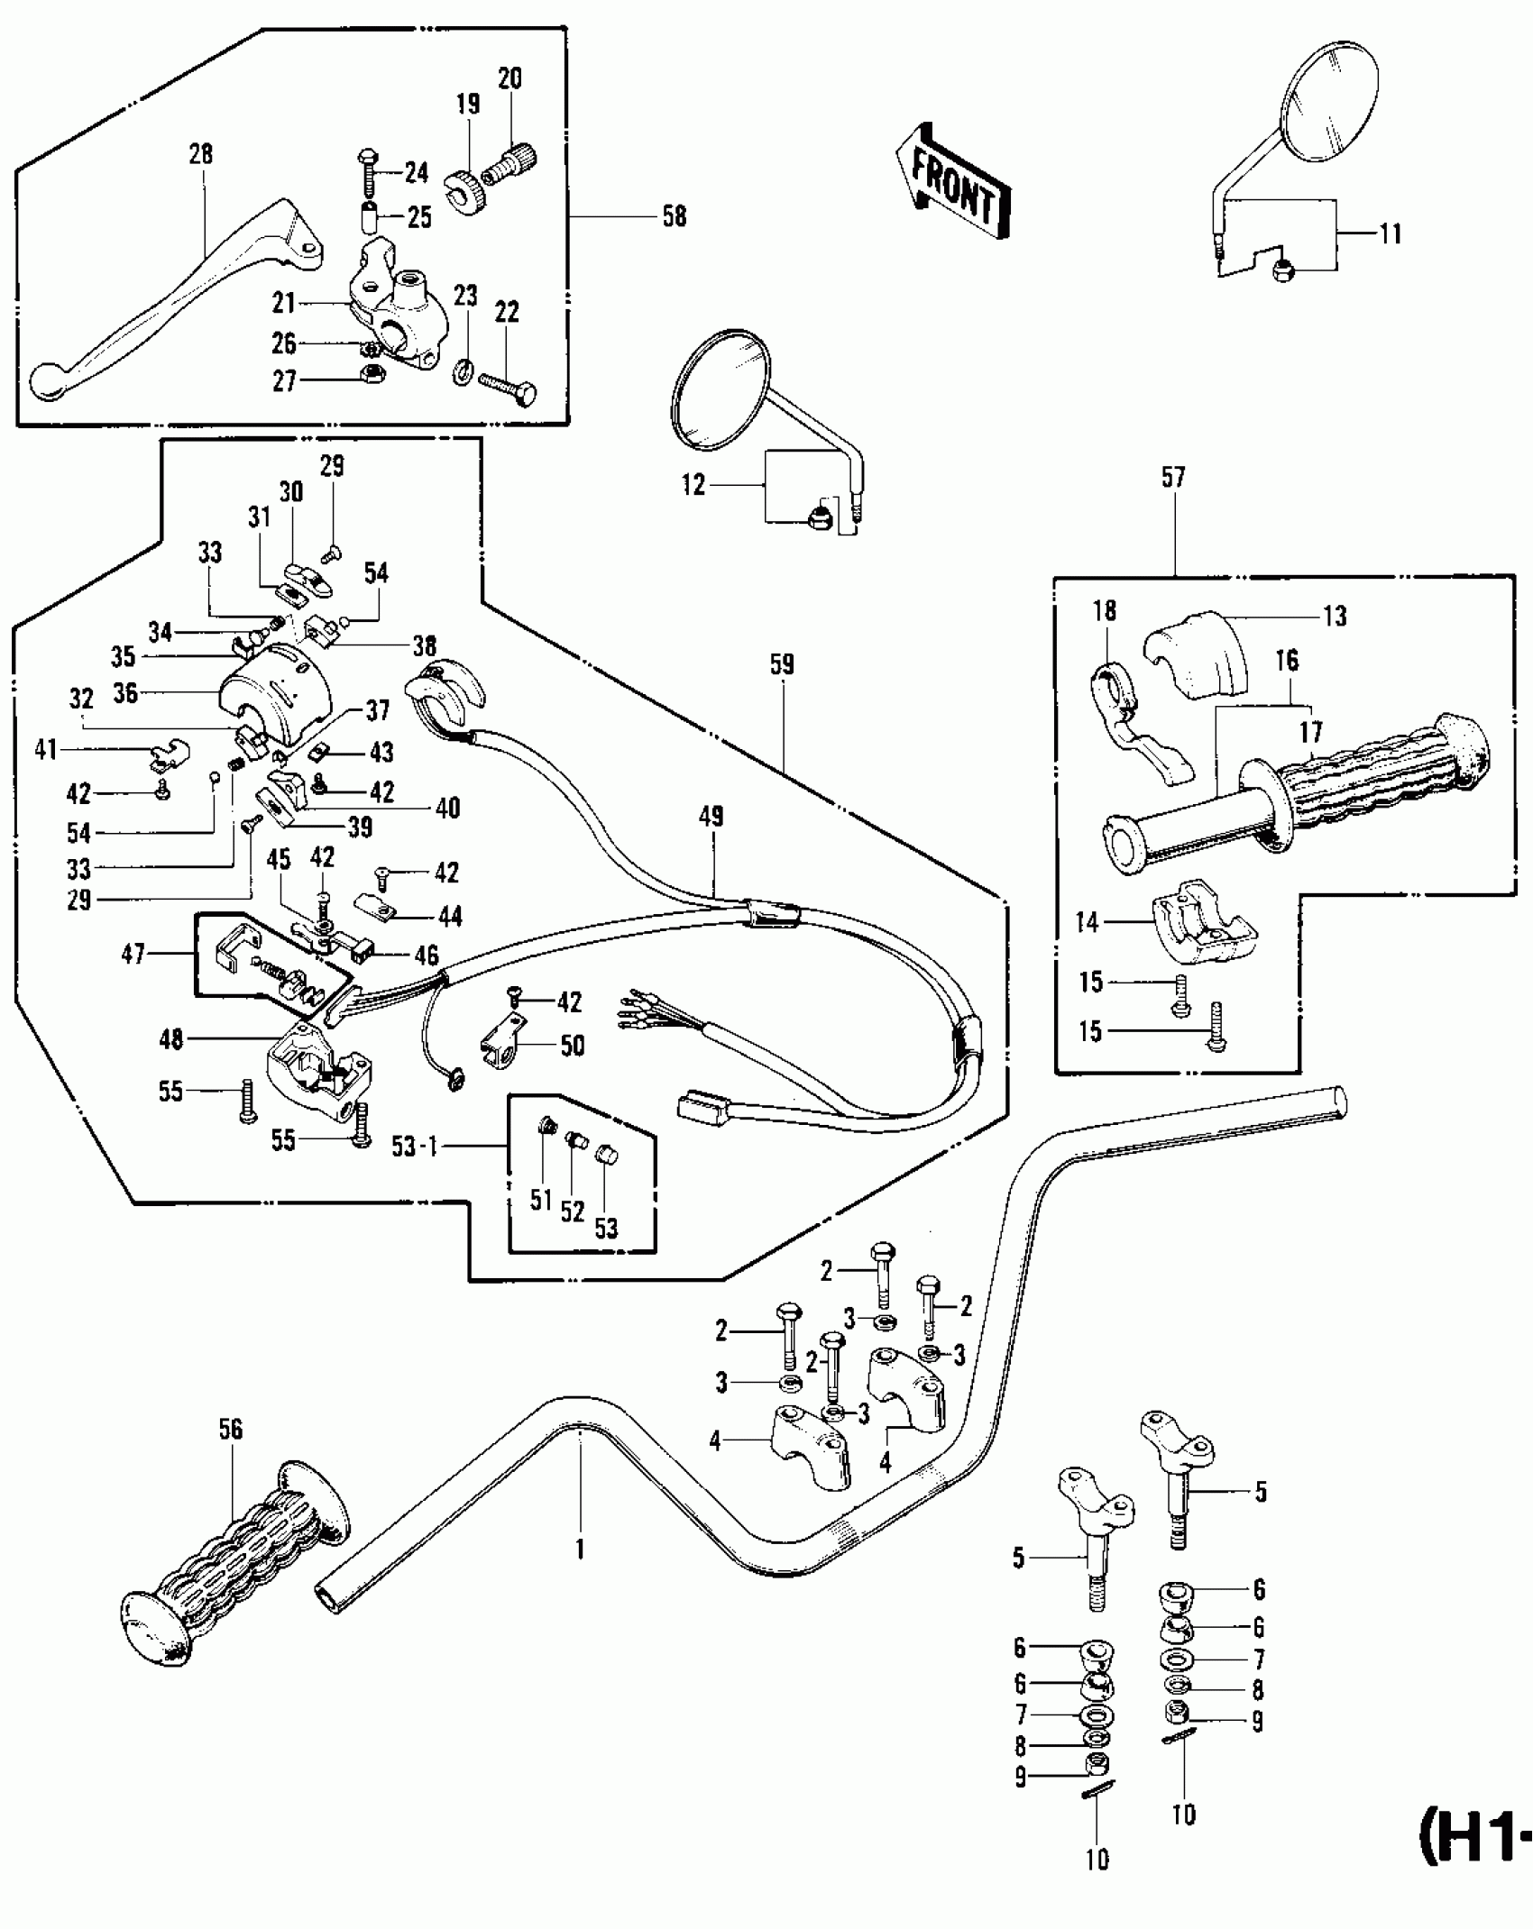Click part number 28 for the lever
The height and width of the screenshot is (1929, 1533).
coord(200,154)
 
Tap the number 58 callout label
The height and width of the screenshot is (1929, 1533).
coord(674,217)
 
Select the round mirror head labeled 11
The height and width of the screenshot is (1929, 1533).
coord(1333,106)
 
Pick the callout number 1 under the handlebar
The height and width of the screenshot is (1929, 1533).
coord(581,1549)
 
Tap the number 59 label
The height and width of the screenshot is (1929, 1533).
coord(781,665)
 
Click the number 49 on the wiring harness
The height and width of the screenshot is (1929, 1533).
coord(711,817)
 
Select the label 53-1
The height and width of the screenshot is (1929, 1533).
coord(414,1147)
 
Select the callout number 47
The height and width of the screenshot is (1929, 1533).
coord(133,954)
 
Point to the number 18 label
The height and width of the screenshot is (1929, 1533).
coord(1104,610)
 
